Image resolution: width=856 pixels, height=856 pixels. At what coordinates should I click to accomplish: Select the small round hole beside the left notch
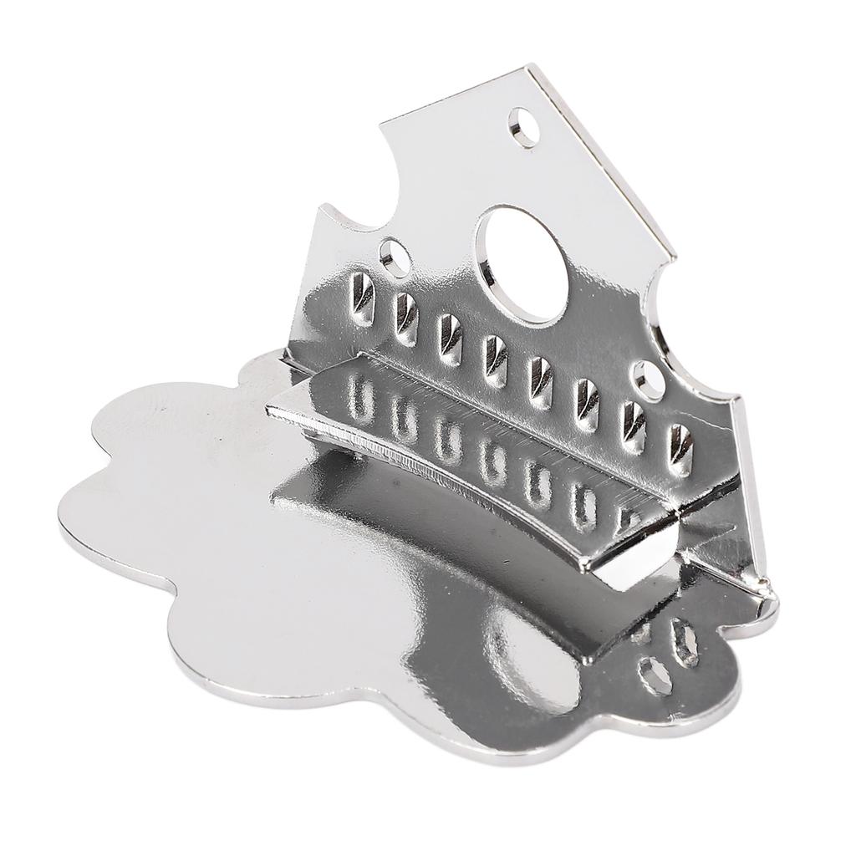(393, 253)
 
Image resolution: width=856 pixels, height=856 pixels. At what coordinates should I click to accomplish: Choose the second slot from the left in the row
(405, 319)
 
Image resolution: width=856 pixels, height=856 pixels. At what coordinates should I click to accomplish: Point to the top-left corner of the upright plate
(383, 127)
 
